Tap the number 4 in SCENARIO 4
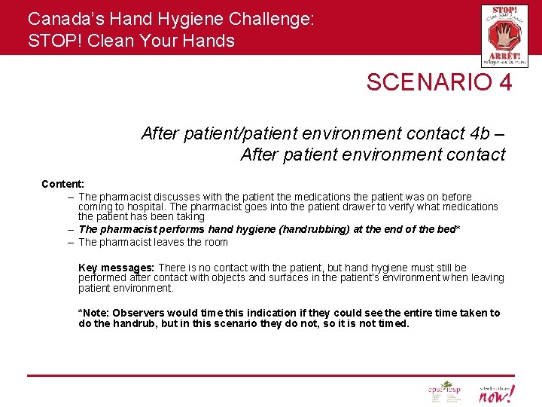tap(504, 82)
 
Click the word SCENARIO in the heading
tap(426, 82)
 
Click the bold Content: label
tap(62, 184)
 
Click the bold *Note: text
tap(94, 313)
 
